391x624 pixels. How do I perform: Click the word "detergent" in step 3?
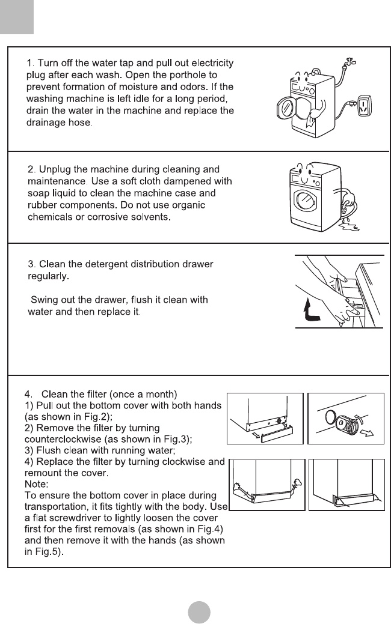[x=102, y=264]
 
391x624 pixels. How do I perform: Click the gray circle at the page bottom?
[x=199, y=611]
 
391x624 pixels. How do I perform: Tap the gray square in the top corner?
[x=16, y=17]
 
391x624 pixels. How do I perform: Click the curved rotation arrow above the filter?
[x=359, y=403]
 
